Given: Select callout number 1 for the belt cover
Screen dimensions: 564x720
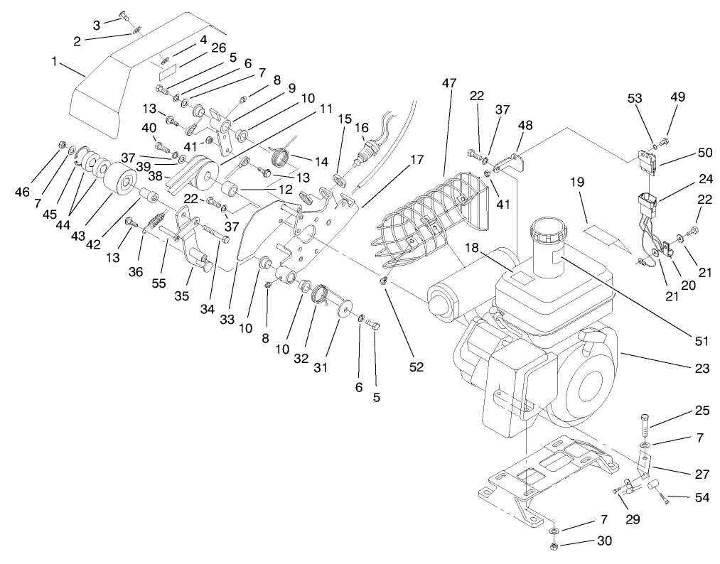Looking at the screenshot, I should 54,62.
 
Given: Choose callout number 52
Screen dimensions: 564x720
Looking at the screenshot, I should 416,367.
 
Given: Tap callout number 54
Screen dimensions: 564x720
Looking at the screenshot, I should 702,498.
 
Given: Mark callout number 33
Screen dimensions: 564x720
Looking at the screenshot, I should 227,320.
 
